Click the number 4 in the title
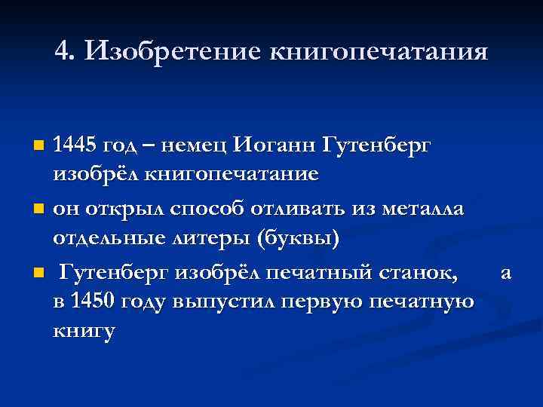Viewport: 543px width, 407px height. (x=63, y=51)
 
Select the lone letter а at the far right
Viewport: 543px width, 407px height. (x=507, y=273)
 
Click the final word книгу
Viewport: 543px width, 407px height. (x=84, y=332)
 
